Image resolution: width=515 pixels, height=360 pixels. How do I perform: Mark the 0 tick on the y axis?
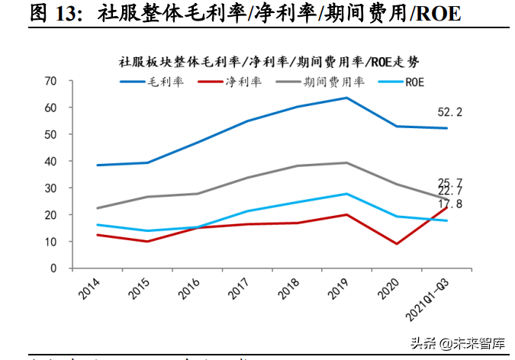pos(53,268)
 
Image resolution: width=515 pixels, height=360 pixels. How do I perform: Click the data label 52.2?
pos(450,112)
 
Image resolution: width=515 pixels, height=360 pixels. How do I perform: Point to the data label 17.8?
pos(450,204)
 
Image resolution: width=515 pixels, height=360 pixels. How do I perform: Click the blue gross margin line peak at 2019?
pos(347,98)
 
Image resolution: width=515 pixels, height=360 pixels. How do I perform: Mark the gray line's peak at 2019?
pos(347,162)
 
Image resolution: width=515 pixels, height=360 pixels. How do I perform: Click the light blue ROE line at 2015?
pos(146,231)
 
